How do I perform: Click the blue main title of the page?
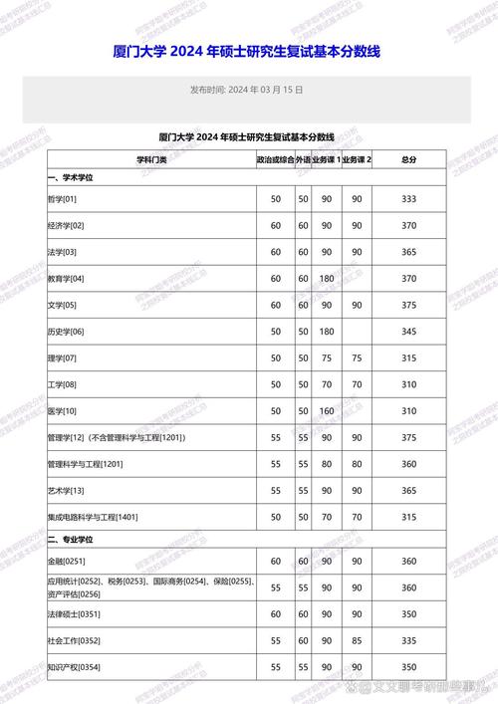[x=248, y=51]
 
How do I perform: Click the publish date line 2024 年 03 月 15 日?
[x=248, y=90]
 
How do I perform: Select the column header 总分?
[x=408, y=159]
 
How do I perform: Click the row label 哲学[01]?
[x=62, y=200]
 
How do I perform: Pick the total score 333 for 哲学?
[x=408, y=200]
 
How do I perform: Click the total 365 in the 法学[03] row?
[x=408, y=252]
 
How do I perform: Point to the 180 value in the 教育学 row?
[x=325, y=278]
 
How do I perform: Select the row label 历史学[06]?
[x=66, y=331]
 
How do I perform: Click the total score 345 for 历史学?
[x=408, y=331]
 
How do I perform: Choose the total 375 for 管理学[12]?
[x=408, y=437]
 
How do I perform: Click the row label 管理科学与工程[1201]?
[x=85, y=464]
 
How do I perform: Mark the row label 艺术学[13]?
[x=66, y=490]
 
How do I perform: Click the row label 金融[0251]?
[x=67, y=561]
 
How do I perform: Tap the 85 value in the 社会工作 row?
[x=357, y=639]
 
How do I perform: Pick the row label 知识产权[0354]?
[x=75, y=666]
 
